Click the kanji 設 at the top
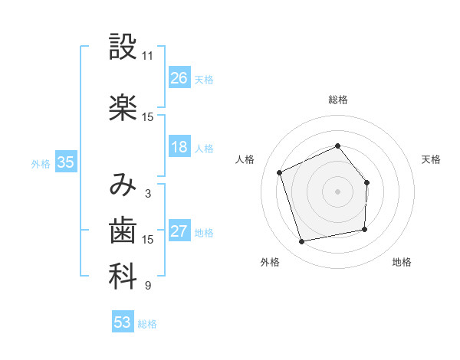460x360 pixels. [123, 47]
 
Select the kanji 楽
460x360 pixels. [123, 108]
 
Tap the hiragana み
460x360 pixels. [123, 185]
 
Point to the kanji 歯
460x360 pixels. [123, 231]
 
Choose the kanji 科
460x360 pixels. [123, 277]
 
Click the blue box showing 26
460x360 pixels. [179, 78]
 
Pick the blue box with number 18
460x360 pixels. [179, 147]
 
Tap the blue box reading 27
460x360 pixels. [179, 231]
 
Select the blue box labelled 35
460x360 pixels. [66, 162]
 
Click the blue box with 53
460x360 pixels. [123, 322]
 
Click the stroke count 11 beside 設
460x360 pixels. [147, 56]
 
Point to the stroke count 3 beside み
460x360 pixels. [147, 194]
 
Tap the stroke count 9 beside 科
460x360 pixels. [147, 286]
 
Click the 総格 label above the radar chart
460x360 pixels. [338, 100]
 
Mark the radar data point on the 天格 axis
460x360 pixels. [366, 183]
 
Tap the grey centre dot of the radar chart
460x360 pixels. [337, 191]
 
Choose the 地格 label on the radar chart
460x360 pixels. [402, 263]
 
